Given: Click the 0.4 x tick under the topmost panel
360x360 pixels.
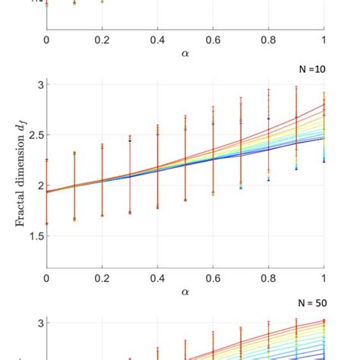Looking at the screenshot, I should (157, 37).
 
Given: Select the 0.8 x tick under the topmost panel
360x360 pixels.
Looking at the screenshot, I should (268, 37).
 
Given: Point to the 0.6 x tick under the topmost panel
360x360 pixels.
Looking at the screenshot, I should (213, 37).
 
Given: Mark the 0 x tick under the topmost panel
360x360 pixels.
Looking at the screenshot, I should (47, 37).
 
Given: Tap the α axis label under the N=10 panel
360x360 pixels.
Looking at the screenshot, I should (186, 291).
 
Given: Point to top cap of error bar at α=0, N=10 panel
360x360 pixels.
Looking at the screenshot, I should (47, 159).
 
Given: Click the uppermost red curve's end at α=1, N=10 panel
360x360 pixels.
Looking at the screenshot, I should (324, 105).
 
